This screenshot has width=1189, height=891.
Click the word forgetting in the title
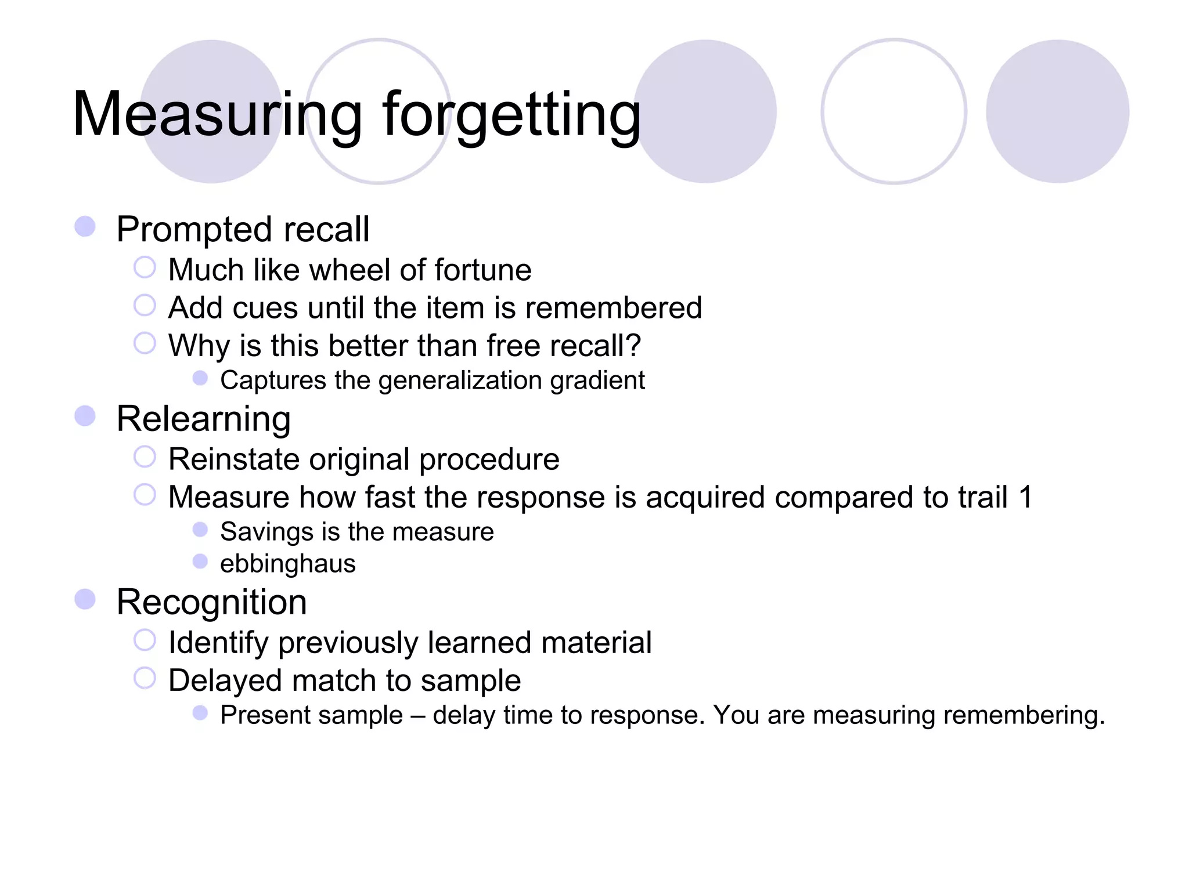point(511,114)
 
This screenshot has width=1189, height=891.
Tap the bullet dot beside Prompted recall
point(85,226)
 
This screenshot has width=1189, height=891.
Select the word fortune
point(482,270)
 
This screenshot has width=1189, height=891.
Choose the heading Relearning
point(203,419)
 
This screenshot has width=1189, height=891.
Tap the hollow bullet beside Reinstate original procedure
point(145,457)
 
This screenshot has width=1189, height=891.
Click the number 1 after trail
point(1025,497)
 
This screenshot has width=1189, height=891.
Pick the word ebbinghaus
point(288,564)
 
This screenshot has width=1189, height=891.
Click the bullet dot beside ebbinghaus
point(200,562)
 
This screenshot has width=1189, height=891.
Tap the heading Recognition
point(211,602)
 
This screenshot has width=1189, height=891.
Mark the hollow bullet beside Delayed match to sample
point(145,678)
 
